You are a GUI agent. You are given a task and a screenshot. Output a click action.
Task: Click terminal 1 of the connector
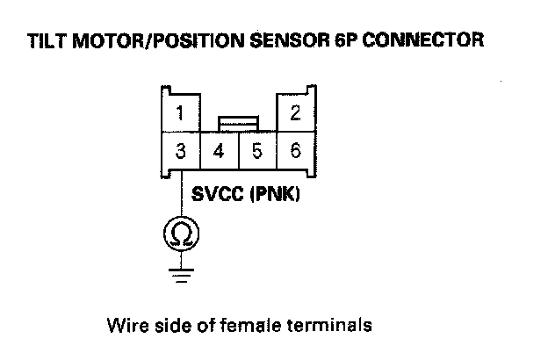(180, 112)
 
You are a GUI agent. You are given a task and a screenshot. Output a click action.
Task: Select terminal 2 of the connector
(295, 112)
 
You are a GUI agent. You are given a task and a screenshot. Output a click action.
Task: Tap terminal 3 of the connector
(180, 151)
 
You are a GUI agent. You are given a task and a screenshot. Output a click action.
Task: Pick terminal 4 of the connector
(219, 151)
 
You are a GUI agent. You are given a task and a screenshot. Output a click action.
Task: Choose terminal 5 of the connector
(256, 151)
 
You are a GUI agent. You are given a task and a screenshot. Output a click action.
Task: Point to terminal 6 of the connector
(295, 151)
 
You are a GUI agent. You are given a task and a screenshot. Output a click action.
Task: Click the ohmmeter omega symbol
(180, 234)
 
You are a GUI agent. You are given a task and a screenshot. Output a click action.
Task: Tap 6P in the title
(344, 40)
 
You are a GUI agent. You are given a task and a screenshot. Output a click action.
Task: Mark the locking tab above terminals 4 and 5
(237, 123)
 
